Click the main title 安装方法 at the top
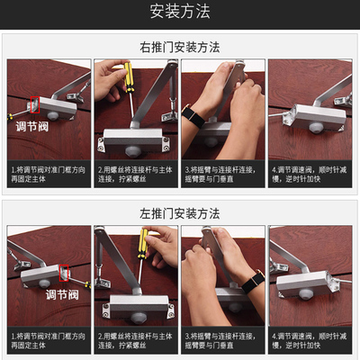(180, 12)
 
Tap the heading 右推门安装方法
(180, 47)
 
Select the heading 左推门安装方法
(180, 213)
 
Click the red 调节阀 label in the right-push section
(34, 127)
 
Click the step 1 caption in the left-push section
(49, 341)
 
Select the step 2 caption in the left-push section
(136, 341)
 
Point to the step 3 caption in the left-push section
(222, 341)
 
